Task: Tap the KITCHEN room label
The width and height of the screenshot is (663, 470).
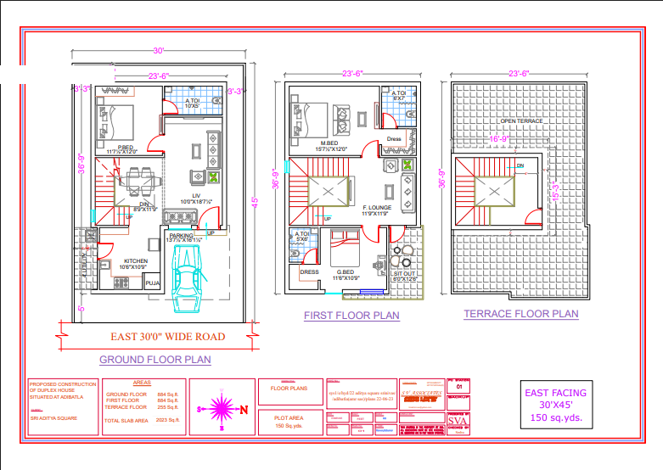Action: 137,260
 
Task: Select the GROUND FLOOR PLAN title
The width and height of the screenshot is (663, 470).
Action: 155,360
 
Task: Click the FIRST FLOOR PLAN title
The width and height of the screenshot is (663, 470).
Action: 351,316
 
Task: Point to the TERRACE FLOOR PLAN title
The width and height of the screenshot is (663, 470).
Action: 521,314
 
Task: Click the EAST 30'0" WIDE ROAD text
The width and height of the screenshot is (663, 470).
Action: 168,337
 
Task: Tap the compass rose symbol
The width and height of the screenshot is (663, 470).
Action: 220,409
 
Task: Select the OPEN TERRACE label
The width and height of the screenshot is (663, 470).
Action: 521,121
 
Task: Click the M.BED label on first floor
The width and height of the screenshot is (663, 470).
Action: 330,143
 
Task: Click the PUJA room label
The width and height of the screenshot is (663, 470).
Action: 153,283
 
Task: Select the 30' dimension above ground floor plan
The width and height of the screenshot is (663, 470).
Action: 158,52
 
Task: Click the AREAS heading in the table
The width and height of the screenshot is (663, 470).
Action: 143,383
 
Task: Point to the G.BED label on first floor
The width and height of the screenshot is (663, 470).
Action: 346,273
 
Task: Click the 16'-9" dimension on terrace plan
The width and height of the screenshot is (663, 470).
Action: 498,139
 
